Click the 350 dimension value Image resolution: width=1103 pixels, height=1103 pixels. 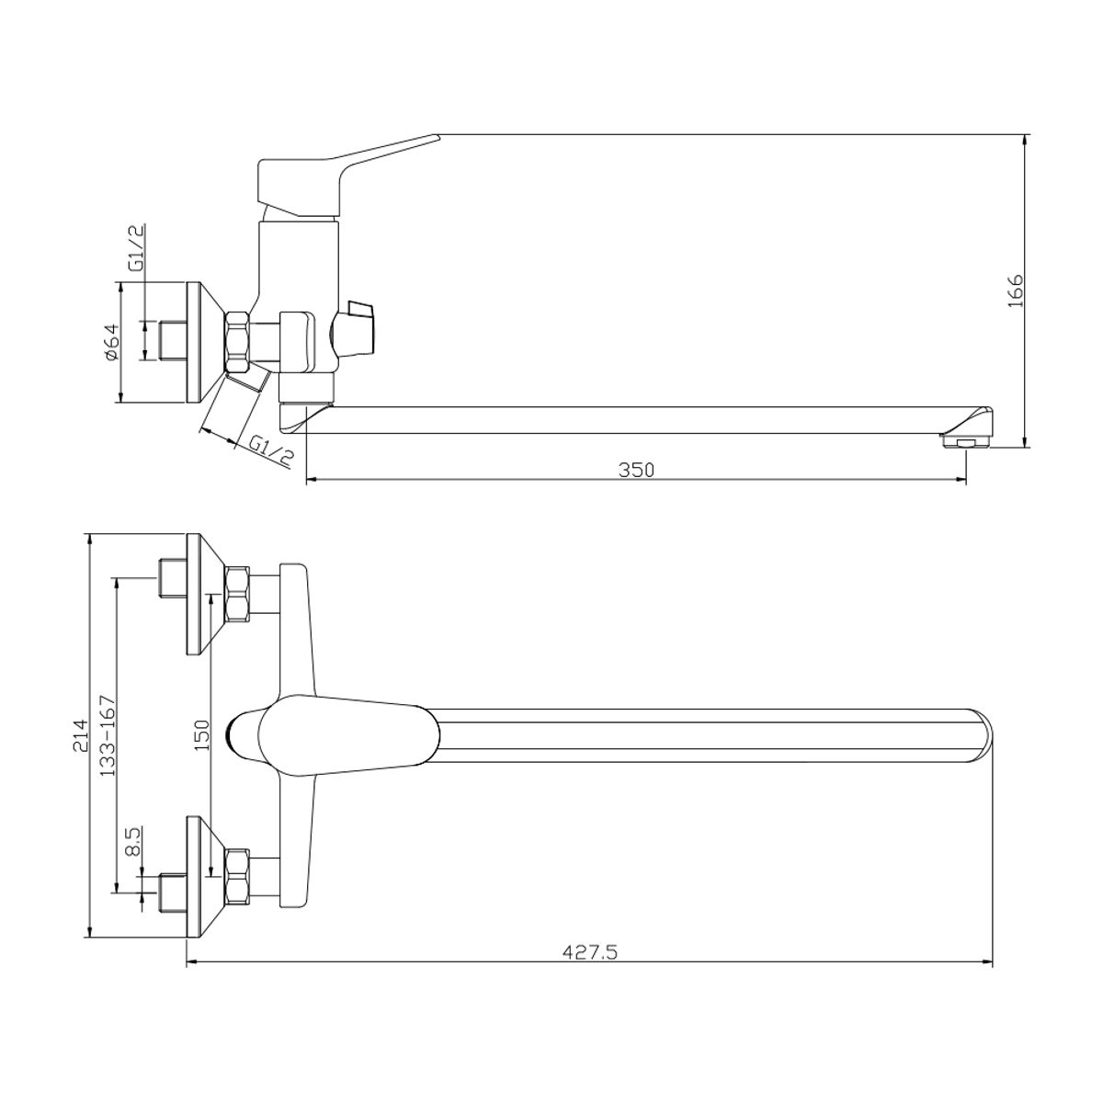pyautogui.click(x=636, y=470)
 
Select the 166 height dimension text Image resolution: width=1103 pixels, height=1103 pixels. pyautogui.click(x=1015, y=290)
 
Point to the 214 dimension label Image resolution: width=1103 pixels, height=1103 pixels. pyautogui.click(x=80, y=734)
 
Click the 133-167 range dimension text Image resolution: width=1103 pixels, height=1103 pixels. pyautogui.click(x=108, y=735)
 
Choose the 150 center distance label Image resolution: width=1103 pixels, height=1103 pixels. pyautogui.click(x=202, y=735)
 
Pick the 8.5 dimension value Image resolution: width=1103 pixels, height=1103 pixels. pyautogui.click(x=132, y=840)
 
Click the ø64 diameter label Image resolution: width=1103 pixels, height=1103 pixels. pyautogui.click(x=111, y=342)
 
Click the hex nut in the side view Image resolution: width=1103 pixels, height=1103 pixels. pyautogui.click(x=238, y=342)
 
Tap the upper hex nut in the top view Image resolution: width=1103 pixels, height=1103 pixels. pyautogui.click(x=237, y=595)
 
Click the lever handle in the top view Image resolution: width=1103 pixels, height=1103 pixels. pyautogui.click(x=335, y=735)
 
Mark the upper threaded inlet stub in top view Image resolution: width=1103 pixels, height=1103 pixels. pyautogui.click(x=171, y=579)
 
